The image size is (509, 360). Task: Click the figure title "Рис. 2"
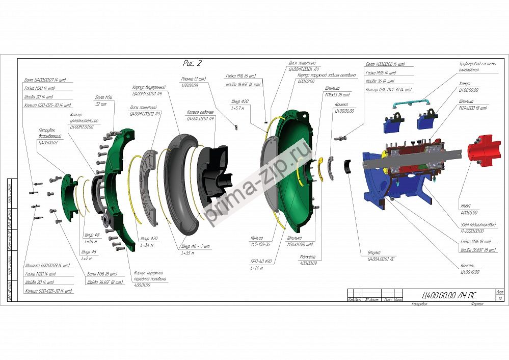[x=192, y=63]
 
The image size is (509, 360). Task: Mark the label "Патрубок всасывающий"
[x=50, y=136]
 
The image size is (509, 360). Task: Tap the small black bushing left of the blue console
[x=347, y=166]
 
